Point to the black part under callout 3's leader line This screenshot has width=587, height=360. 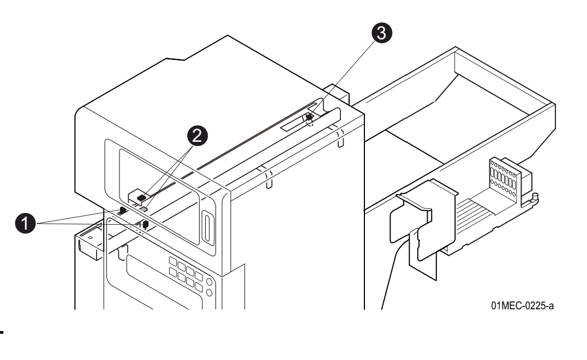(309, 117)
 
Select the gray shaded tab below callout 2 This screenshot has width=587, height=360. (144, 208)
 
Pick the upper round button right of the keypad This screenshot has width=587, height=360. (209, 282)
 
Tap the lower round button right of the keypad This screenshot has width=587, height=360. (209, 293)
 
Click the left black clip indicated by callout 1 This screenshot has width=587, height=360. (123, 210)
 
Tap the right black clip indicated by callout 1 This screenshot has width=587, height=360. (146, 224)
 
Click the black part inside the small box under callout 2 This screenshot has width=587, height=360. (141, 197)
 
